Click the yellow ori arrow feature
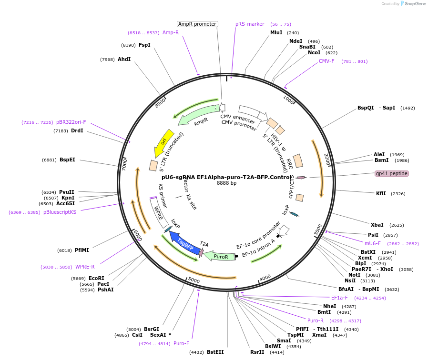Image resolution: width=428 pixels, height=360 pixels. tap(163, 142)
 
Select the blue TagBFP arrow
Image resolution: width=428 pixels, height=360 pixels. tap(184, 240)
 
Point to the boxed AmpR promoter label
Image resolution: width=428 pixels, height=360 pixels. tap(197, 24)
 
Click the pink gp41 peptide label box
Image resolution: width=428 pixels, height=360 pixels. tap(392, 173)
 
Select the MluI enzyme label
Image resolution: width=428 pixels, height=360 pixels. tap(276, 33)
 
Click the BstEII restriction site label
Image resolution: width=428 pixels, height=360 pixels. tap(215, 352)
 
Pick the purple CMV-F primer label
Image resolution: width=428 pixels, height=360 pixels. tap(327, 61)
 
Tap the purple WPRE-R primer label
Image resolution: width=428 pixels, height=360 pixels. tap(85, 267)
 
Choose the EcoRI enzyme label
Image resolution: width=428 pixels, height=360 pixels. tap(96, 278)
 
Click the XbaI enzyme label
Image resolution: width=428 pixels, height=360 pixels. tap(377, 225)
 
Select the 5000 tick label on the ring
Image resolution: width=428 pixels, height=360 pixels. tap(194, 280)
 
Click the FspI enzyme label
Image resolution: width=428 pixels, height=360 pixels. tap(144, 45)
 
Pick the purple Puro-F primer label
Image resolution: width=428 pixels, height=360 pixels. tap(181, 343)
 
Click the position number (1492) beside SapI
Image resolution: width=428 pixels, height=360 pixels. tap(408, 108)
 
